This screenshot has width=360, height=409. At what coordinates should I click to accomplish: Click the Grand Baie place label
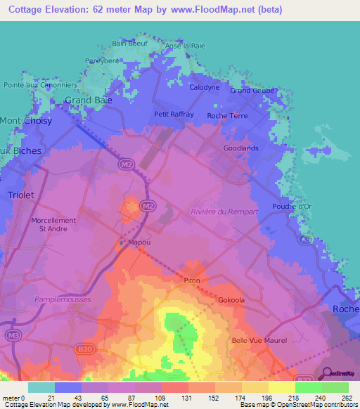tap(89, 100)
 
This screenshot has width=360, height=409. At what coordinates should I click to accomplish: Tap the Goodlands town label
tap(240, 148)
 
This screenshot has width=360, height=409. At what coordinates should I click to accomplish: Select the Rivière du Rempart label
tap(224, 212)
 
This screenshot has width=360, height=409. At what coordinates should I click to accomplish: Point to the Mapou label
tap(140, 243)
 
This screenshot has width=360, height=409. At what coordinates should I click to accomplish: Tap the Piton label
tap(191, 280)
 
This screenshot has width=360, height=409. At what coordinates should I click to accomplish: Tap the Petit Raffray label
tap(174, 114)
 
